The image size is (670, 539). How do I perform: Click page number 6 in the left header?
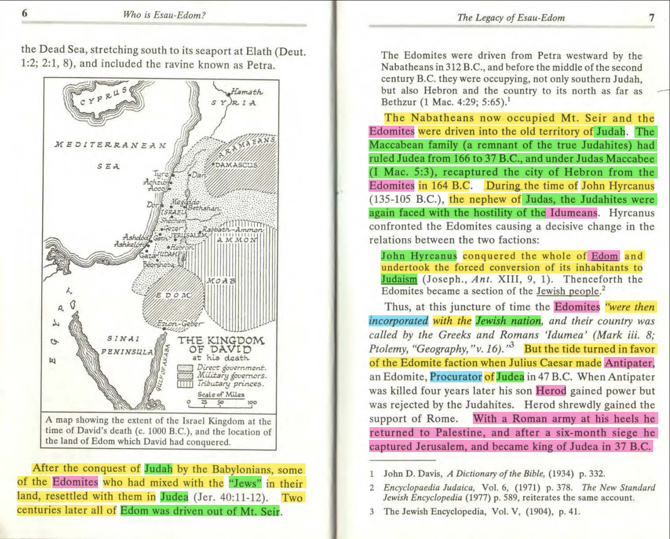24,14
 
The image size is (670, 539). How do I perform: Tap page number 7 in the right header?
651,18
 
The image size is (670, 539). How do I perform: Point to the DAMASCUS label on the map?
236,165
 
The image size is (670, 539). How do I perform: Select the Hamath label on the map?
247,92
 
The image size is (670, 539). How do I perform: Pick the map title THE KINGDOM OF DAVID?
221,345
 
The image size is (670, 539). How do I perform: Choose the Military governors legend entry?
231,376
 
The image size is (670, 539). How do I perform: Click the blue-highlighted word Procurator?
455,377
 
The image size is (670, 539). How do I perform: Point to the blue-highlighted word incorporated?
399,321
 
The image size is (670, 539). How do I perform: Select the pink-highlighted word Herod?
551,391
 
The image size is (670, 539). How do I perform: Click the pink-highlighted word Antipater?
629,363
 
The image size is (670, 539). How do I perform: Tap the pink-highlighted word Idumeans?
573,213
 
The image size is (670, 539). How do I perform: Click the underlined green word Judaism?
399,279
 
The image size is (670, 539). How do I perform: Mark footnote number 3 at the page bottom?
372,512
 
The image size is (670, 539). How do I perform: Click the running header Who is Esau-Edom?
164,15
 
